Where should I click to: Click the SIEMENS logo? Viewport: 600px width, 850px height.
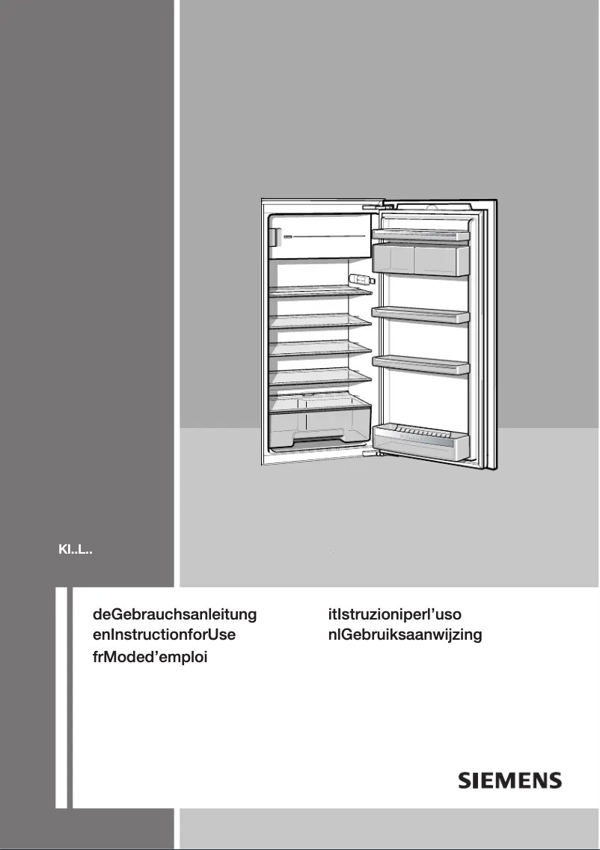pos(509,780)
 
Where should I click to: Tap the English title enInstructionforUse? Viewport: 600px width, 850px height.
pos(164,635)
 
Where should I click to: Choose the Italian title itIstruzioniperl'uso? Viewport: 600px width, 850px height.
pos(400,614)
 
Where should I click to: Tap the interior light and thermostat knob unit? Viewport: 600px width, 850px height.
pos(361,280)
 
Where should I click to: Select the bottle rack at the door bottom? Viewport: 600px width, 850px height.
pos(421,441)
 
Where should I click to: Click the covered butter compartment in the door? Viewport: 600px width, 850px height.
pos(421,260)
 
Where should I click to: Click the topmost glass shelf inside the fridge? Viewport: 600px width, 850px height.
pos(320,293)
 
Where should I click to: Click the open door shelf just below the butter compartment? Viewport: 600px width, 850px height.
pos(421,315)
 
